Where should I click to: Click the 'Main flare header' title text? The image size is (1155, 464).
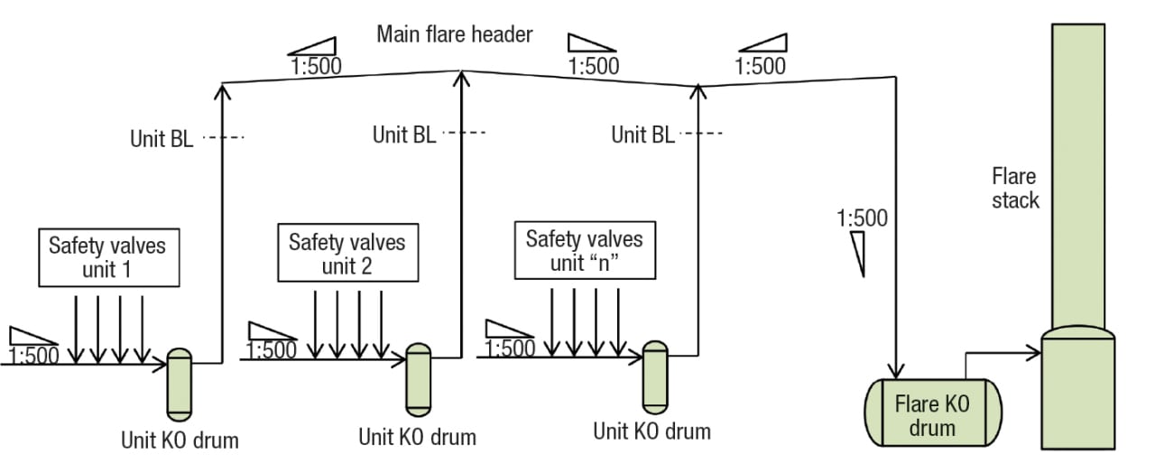click(454, 34)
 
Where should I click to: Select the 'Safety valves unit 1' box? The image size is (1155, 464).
click(107, 257)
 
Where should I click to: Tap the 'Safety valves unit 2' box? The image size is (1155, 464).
click(346, 254)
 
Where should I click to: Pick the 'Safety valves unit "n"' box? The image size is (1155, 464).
click(584, 251)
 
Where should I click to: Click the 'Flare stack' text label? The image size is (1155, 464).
click(1015, 188)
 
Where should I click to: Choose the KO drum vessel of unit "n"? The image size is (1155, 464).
click(655, 376)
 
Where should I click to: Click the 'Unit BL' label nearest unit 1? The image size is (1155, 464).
click(162, 139)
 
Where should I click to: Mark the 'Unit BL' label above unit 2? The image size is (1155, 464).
click(404, 135)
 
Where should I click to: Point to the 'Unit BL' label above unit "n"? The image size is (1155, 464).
click(642, 135)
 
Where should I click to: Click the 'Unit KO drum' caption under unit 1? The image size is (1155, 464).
click(180, 441)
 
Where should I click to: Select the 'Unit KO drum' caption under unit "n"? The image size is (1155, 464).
click(651, 431)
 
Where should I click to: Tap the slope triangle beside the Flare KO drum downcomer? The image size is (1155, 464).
click(858, 252)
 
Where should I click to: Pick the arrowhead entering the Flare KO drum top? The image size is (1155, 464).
click(896, 371)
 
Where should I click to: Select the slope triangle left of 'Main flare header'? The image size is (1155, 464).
click(312, 47)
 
